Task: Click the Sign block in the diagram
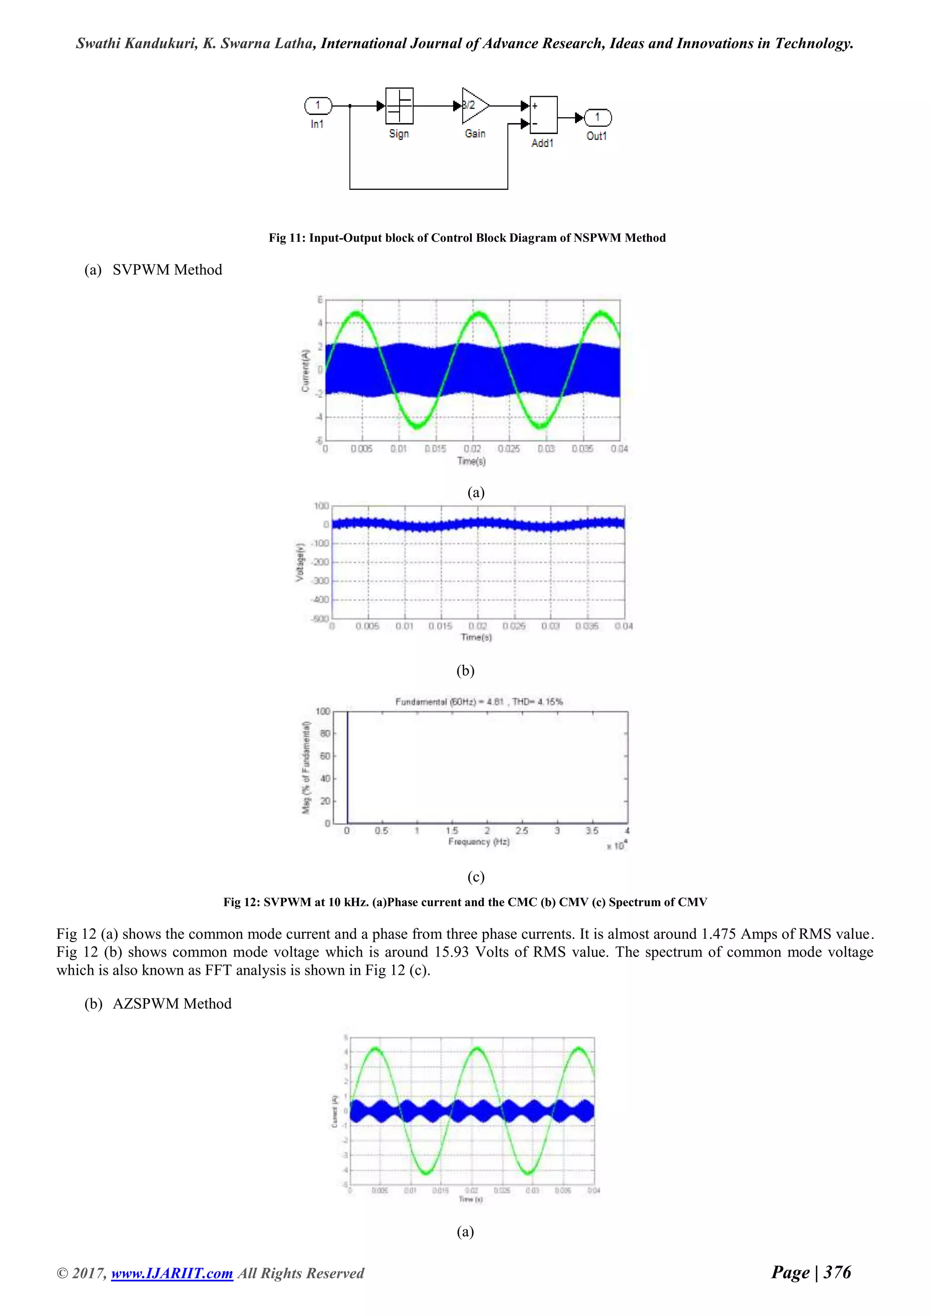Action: point(399,106)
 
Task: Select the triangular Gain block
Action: point(474,106)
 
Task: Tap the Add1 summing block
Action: point(543,115)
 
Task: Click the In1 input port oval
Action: point(318,105)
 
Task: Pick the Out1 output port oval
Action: point(597,118)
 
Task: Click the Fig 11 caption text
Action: point(467,238)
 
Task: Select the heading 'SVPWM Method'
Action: point(167,270)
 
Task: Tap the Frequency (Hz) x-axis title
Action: point(479,842)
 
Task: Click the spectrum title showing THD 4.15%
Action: point(479,702)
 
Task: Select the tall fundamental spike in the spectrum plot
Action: point(347,768)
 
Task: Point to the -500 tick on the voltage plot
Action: point(319,619)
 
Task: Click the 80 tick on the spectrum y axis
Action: point(325,733)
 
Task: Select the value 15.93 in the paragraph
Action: point(452,952)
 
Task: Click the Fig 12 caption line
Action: point(465,902)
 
